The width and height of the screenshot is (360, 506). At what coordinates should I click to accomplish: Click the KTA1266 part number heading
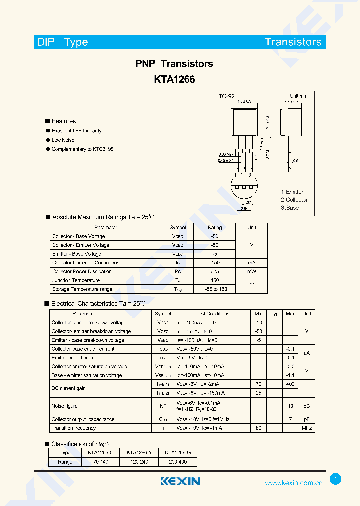174,79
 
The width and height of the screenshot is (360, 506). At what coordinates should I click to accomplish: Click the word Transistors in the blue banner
293,42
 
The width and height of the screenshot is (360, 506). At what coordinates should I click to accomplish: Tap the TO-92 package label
226,96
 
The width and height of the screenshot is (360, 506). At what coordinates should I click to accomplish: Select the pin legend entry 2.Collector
294,200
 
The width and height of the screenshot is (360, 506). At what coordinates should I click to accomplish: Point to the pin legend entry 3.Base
290,208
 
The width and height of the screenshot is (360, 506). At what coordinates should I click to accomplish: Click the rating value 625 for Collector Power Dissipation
215,272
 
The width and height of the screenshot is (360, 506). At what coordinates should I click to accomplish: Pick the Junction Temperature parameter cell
76,280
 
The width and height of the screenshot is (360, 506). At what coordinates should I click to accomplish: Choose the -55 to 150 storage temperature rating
215,289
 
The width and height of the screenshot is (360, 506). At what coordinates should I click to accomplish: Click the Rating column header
215,227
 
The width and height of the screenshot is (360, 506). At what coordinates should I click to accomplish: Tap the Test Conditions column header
212,314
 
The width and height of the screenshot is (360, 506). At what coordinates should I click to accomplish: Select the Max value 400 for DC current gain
290,384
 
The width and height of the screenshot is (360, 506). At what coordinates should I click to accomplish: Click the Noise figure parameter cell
64,406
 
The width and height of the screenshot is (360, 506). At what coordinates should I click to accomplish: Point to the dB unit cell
307,406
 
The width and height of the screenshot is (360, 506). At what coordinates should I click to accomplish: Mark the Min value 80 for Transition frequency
258,428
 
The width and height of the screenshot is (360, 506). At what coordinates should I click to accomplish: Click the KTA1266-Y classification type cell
139,452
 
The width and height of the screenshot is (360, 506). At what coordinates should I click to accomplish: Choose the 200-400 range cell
177,462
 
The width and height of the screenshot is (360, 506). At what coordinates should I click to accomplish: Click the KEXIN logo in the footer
180,481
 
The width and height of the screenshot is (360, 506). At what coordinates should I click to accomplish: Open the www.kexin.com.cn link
293,483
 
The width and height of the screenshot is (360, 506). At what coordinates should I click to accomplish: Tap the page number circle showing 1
336,479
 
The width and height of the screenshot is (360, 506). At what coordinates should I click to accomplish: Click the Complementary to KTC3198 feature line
82,149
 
